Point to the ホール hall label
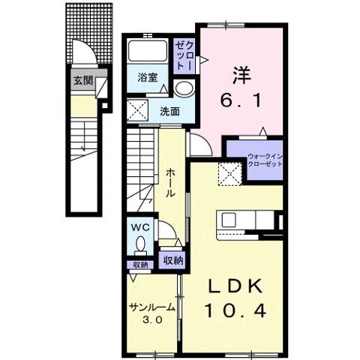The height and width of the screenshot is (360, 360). [170, 182]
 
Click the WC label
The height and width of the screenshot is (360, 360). [140, 226]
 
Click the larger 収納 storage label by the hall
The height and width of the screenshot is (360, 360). [172, 260]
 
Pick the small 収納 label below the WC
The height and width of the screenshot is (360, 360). [140, 265]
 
